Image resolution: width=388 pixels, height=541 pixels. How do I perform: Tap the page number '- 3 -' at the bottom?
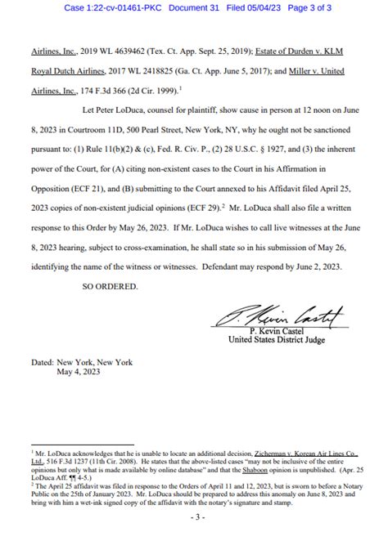coord(193,519)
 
